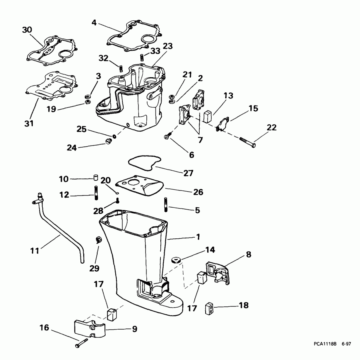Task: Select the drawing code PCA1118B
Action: pyautogui.click(x=325, y=343)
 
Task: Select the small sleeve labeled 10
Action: pyautogui.click(x=96, y=177)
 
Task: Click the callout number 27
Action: pyautogui.click(x=188, y=173)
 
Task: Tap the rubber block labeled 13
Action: pyautogui.click(x=207, y=116)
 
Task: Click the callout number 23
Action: pyautogui.click(x=167, y=46)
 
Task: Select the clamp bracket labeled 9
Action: pyautogui.click(x=90, y=326)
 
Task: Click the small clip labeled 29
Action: pyautogui.click(x=99, y=240)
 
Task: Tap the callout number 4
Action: pyautogui.click(x=94, y=23)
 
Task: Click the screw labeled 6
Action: pyautogui.click(x=168, y=136)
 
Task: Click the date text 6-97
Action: pyautogui.click(x=346, y=343)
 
